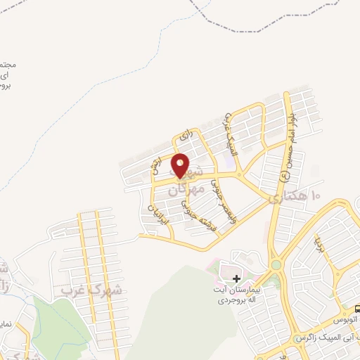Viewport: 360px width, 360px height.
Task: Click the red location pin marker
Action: (x=181, y=165)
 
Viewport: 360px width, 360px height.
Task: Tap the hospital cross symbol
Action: (x=236, y=279)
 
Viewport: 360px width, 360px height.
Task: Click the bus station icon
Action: (x=356, y=309)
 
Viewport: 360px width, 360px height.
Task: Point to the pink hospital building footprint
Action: (x=229, y=271)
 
